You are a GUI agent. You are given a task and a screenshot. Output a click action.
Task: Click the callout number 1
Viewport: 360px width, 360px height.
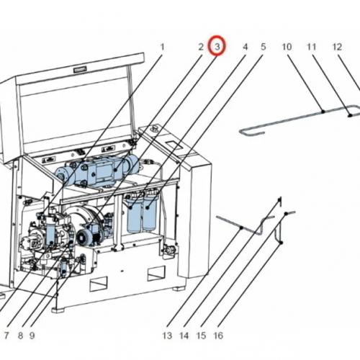(163, 47)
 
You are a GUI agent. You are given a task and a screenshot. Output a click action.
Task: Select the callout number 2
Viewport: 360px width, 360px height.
(201, 47)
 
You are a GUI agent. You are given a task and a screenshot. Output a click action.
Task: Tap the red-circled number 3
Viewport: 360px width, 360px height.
(217, 46)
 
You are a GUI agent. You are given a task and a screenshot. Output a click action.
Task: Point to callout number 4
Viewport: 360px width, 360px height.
(245, 47)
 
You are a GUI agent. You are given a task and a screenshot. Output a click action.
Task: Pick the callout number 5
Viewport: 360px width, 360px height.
(264, 47)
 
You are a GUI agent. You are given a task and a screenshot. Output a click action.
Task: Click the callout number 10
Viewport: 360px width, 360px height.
(287, 47)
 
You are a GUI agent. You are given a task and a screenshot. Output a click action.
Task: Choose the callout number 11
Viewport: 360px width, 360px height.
(311, 47)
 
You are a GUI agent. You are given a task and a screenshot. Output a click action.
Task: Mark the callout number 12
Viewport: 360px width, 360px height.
(337, 47)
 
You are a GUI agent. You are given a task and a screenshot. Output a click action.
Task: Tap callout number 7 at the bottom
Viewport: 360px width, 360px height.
(6, 336)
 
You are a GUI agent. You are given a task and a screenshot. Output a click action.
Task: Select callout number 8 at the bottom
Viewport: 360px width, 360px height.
(20, 336)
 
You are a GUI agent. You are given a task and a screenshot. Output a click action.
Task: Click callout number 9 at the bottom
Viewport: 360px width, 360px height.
(32, 336)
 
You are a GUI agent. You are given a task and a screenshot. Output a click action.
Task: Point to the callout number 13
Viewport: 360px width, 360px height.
(167, 336)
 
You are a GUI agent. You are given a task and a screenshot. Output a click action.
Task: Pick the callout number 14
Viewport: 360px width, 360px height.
(184, 336)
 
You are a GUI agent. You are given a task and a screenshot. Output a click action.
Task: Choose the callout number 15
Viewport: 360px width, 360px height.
(201, 336)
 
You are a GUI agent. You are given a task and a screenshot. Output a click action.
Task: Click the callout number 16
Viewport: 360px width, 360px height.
(218, 336)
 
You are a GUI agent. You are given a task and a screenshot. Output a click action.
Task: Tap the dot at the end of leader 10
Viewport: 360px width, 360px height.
(323, 112)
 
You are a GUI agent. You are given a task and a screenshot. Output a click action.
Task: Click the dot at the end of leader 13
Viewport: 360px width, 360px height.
(242, 228)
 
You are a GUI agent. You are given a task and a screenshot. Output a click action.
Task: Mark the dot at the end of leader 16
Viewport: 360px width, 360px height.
(282, 243)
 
